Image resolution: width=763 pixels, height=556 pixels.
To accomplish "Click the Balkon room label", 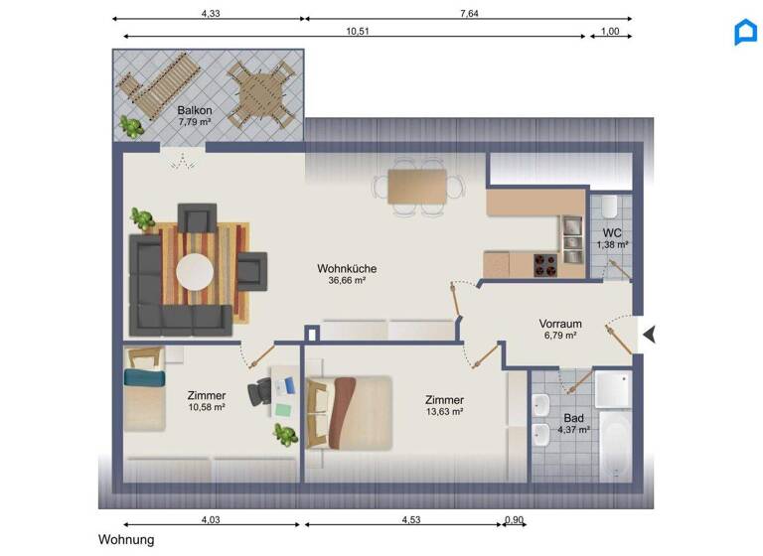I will click(x=194, y=110).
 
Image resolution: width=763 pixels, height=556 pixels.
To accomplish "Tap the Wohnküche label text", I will click(x=347, y=268).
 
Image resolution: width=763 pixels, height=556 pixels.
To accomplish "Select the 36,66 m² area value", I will click(x=347, y=281).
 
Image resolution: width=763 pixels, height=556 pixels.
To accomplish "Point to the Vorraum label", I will click(x=560, y=324).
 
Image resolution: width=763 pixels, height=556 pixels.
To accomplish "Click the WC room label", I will click(x=612, y=232).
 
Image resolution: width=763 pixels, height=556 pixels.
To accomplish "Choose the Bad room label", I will click(x=573, y=418).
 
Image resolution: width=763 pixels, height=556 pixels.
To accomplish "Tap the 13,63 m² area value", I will click(x=444, y=412).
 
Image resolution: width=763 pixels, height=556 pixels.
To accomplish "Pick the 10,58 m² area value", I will click(x=207, y=407).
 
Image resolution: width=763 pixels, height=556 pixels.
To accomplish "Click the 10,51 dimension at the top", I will click(x=358, y=31).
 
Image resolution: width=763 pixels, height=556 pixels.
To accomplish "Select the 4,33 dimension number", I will click(x=211, y=13).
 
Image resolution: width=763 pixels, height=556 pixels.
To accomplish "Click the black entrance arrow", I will click(x=649, y=335).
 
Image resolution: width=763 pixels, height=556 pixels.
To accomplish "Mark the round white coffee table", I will click(x=194, y=271).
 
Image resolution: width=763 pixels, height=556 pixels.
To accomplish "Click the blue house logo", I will click(x=745, y=32).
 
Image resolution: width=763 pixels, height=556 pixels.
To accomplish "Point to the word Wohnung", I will click(x=126, y=540).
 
